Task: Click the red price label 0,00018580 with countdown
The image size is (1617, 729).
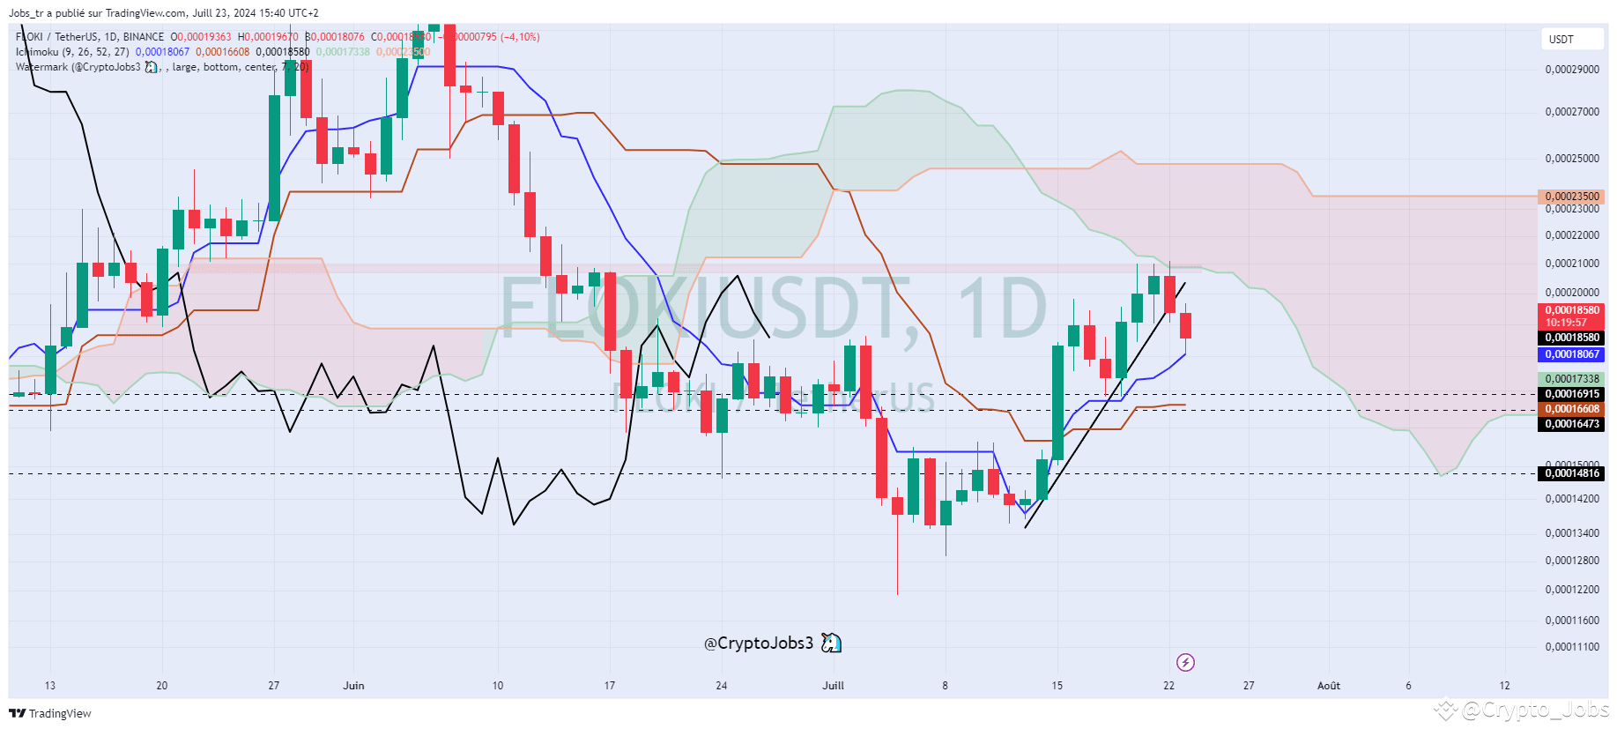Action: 1572,316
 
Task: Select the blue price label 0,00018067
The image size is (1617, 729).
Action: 1572,354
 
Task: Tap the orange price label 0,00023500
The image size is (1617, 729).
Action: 1572,197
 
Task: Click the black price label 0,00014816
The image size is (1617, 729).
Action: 1572,473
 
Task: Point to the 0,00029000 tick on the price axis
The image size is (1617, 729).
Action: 1572,70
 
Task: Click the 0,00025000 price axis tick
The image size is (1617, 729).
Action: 1572,159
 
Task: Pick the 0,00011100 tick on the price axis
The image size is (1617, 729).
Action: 1572,647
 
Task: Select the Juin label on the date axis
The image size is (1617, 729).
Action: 353,686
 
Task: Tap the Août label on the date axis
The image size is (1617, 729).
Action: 1328,686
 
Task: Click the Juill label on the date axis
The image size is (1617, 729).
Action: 833,686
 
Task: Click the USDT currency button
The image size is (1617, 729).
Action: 1561,40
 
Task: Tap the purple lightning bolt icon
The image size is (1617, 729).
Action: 1185,662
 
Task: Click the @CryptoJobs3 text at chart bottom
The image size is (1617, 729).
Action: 759,643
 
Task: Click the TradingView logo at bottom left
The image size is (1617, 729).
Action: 50,713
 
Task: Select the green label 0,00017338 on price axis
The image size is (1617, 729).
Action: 1572,379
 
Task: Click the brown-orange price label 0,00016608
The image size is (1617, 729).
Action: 1572,409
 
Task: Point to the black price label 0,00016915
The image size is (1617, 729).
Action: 1572,394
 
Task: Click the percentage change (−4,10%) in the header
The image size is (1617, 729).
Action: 520,37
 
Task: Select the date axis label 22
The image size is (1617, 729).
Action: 1168,686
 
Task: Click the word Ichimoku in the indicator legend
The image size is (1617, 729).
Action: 37,52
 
